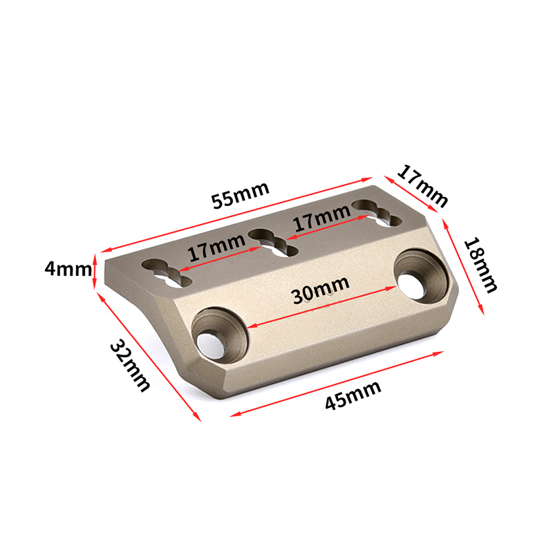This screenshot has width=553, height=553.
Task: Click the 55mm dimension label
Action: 241,195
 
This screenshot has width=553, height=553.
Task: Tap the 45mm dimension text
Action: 353,395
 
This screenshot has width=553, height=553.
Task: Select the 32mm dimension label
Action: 130,366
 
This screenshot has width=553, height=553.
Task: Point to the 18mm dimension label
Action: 480,265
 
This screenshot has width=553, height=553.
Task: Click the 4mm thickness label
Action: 68,269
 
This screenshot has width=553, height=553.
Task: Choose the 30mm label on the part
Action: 321,290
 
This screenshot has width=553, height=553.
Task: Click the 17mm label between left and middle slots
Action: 216,247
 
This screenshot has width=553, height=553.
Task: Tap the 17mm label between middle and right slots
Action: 322,218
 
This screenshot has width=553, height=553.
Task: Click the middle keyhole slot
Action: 273,243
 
